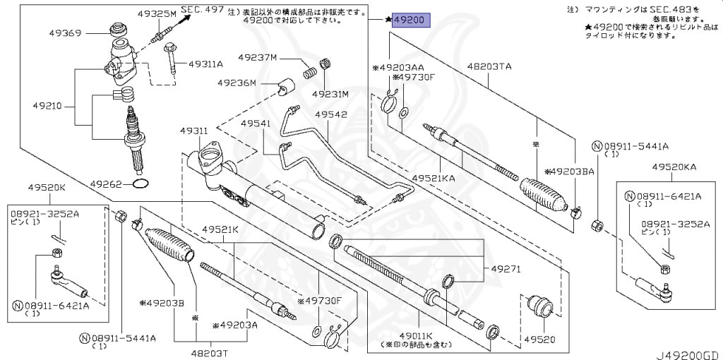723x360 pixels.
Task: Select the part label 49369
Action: coord(65,32)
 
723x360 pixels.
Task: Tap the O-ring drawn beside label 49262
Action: coord(141,184)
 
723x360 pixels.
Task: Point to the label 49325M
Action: coord(157,13)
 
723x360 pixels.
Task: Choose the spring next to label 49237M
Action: coord(309,71)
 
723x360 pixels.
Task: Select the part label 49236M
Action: coord(237,83)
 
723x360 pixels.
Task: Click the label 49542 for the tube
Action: coord(331,114)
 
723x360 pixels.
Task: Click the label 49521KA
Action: coord(434,179)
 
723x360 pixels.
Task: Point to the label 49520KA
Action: coord(674,167)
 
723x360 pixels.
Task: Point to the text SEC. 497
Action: coord(202,8)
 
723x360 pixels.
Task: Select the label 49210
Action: coord(47,107)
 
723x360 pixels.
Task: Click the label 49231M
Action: coord(331,94)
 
